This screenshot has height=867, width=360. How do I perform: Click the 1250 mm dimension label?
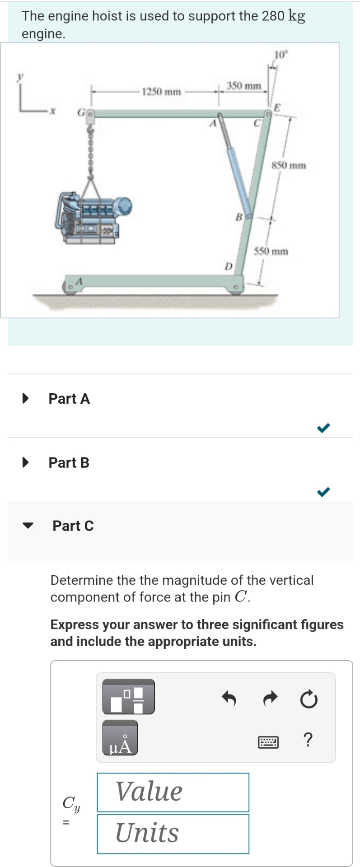161,92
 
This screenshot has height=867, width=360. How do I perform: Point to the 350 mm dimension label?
244,85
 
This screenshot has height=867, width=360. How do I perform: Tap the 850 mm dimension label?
289,165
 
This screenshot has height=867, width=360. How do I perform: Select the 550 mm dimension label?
271,251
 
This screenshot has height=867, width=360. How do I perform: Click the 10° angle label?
281,55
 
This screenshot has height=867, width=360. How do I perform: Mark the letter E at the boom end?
277,107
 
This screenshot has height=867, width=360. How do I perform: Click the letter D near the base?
229,266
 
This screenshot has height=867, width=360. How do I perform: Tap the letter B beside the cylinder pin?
239,217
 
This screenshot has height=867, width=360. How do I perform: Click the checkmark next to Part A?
323,427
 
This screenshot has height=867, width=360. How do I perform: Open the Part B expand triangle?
26,462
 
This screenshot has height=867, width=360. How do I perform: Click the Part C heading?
73,526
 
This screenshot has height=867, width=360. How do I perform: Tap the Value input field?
173,792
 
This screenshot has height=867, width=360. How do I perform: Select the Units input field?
173,834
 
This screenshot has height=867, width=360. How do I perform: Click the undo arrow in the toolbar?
229,699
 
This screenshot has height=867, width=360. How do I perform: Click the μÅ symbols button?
120,738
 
